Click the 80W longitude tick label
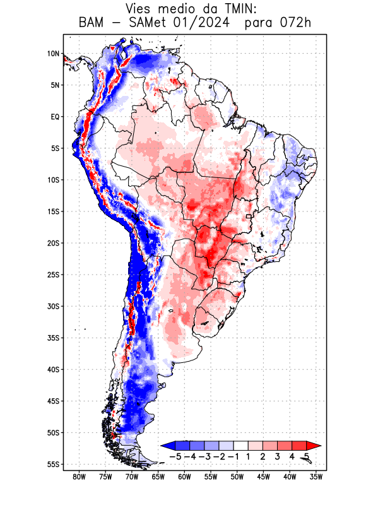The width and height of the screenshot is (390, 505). click(x=79, y=477)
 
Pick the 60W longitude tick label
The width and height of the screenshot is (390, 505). click(x=184, y=477)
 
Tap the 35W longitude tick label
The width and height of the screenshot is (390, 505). click(x=317, y=477)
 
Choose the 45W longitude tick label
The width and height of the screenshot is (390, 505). click(x=264, y=477)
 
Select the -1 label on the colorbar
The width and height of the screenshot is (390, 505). click(x=233, y=456)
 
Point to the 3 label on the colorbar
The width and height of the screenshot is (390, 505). click(x=278, y=456)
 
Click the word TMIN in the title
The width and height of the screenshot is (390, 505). click(x=225, y=9)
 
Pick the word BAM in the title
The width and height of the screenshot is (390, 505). click(x=93, y=23)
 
